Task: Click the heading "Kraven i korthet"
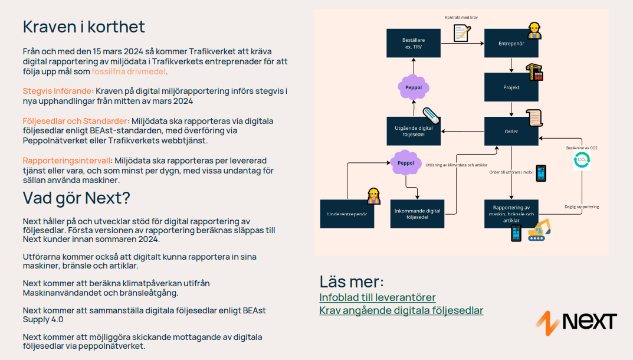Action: point(84,27)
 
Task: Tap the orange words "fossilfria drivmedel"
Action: point(129,71)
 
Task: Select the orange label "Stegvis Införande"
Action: point(58,91)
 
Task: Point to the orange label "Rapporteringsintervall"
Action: point(67,161)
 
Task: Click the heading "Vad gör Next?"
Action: point(76,197)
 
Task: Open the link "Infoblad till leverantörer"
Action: point(378,297)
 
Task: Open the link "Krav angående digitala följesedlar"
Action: point(401,310)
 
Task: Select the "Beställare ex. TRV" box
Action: point(413,44)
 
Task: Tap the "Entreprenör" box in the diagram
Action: point(511,44)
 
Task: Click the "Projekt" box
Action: point(511,87)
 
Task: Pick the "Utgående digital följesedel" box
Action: point(413,131)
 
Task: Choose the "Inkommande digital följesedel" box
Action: point(417,214)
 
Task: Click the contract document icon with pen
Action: point(462,32)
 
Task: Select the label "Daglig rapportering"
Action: point(582,207)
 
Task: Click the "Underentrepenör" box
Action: point(347,214)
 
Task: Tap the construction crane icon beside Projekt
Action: point(534,72)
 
